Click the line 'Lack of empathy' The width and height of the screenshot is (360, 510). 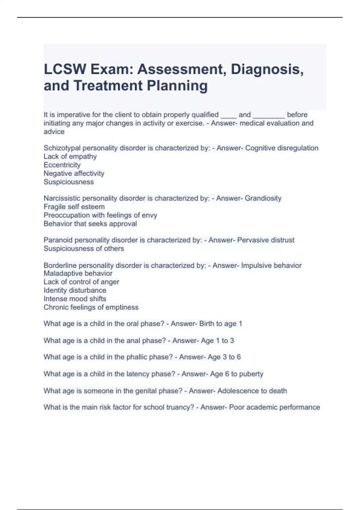[x=70, y=156]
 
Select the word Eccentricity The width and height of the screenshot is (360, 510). [x=62, y=165]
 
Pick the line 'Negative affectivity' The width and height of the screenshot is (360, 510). [x=74, y=173]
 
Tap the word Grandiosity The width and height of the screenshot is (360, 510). [x=263, y=198]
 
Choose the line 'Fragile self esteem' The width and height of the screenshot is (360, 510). [x=74, y=206]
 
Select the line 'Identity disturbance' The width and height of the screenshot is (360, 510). [x=75, y=290]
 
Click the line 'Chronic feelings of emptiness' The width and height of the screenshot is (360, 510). [x=91, y=307]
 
